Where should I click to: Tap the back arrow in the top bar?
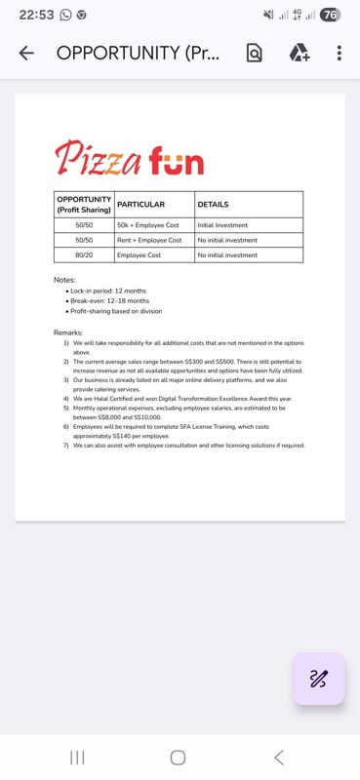pyautogui.click(x=26, y=54)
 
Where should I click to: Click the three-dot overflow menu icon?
pyautogui.click(x=339, y=54)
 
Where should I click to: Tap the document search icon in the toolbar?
pyautogui.click(x=254, y=54)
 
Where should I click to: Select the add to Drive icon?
pyautogui.click(x=299, y=54)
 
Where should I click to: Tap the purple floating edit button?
pyautogui.click(x=318, y=679)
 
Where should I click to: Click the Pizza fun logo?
pyautogui.click(x=130, y=158)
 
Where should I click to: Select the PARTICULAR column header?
pyautogui.click(x=140, y=205)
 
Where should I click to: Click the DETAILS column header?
pyautogui.click(x=213, y=205)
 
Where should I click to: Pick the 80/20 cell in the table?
pyautogui.click(x=84, y=255)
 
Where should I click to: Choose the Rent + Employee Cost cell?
pyautogui.click(x=149, y=240)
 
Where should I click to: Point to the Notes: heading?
pyautogui.click(x=64, y=280)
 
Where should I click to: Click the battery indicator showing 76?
pyautogui.click(x=330, y=15)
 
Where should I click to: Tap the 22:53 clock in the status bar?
pyautogui.click(x=36, y=15)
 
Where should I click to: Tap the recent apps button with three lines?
pyautogui.click(x=77, y=758)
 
